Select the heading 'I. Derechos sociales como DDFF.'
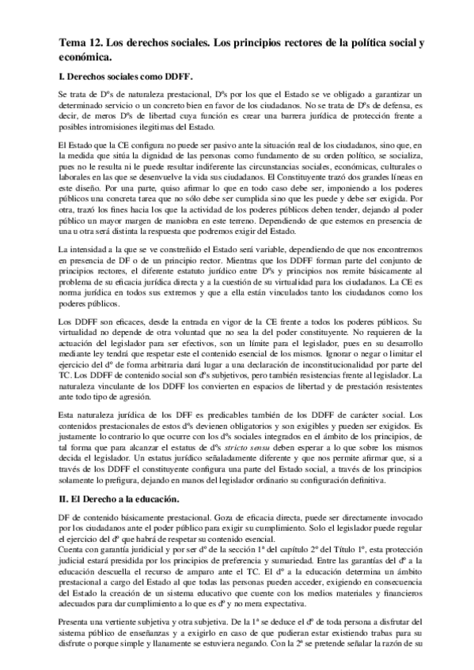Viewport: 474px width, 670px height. [x=127, y=77]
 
